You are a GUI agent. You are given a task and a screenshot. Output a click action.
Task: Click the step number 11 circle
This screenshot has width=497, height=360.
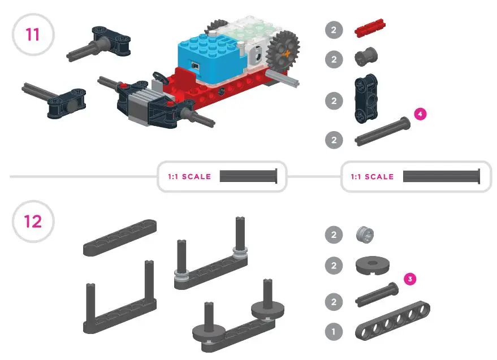(33, 34)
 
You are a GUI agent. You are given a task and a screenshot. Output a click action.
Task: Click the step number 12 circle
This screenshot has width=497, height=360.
(33, 221)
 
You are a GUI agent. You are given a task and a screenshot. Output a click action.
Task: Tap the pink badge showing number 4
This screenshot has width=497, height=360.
(420, 114)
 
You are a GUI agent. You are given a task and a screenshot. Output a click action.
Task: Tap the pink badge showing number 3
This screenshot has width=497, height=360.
(411, 279)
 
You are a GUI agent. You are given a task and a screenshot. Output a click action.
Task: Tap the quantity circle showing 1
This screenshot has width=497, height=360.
(334, 331)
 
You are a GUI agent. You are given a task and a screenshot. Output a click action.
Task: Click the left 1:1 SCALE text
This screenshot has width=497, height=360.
(189, 177)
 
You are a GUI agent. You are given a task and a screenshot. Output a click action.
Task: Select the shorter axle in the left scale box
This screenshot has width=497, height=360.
(249, 176)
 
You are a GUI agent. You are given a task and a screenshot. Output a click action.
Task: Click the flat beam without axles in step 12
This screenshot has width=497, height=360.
(119, 237)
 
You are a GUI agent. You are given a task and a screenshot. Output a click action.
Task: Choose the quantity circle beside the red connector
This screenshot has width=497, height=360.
(334, 30)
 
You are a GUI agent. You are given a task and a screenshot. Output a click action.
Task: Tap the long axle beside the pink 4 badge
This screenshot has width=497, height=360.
(381, 132)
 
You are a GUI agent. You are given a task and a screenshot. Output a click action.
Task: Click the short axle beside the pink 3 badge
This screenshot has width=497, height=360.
(377, 294)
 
